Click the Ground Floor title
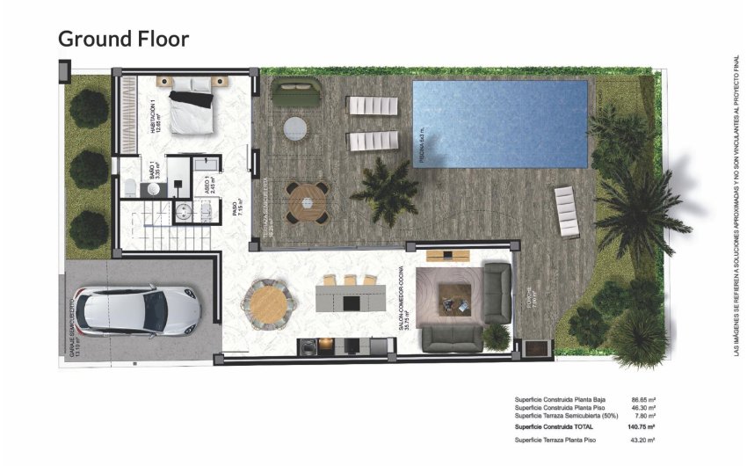pos(123,39)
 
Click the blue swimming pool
pos(499,123)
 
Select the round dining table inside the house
pos(264,302)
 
